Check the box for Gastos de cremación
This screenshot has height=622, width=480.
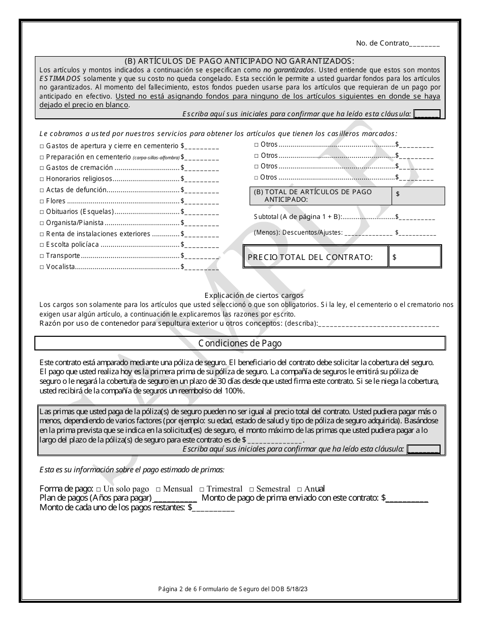coord(42,168)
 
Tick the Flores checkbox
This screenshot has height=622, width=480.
coord(42,201)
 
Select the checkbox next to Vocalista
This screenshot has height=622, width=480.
coord(42,267)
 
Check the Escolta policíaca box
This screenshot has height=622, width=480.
coord(42,245)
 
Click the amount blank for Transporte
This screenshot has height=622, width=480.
coord(202,256)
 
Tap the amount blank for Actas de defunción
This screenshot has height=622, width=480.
coord(202,190)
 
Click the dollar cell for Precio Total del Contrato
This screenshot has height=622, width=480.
coord(415,257)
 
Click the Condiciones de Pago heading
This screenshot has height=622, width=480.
coord(240,343)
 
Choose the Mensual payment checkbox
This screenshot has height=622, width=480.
coord(158,490)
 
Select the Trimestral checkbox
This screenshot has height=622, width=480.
coord(202,490)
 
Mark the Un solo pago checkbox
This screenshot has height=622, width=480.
coord(99,490)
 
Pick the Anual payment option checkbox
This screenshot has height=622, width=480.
coord(300,490)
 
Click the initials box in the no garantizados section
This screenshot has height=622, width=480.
coord(426,114)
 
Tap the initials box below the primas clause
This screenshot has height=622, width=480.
coord(423,449)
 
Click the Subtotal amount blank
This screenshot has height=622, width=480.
coord(417,217)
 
